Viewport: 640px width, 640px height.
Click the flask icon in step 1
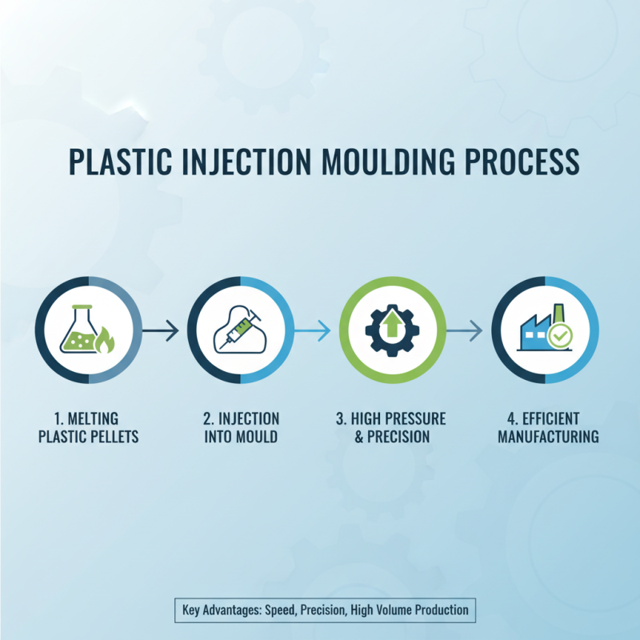click(82, 330)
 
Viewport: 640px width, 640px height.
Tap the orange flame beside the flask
click(105, 342)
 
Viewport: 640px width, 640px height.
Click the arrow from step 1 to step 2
click(162, 330)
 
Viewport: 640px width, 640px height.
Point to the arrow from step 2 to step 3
click(313, 330)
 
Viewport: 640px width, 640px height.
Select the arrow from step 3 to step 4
click(465, 330)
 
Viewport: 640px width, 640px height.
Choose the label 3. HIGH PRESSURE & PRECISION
click(391, 428)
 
